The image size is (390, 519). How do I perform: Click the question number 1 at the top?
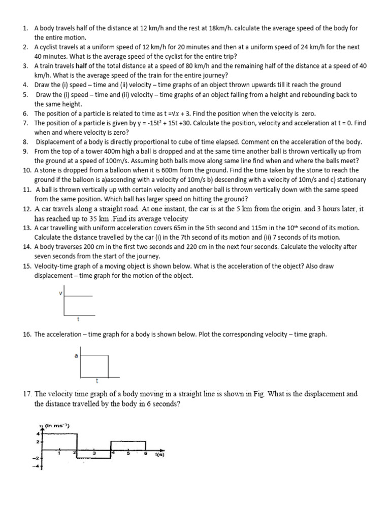coord(25,28)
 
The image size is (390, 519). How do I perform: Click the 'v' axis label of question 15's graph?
coord(61,293)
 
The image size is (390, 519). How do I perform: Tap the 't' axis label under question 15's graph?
coord(78,319)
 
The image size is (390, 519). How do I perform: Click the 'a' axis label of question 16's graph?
coord(76,356)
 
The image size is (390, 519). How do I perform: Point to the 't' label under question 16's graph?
coord(96,380)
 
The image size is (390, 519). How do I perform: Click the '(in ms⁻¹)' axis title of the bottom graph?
coord(57,425)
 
